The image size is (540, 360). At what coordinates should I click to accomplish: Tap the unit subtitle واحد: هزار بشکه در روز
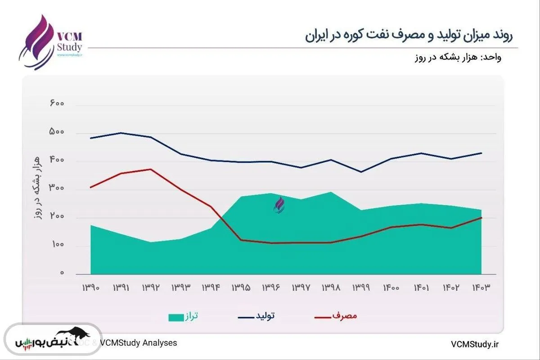[x=457, y=58]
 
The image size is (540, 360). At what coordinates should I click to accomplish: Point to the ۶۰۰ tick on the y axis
[x=57, y=104]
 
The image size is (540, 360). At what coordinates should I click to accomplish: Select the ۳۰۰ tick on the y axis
[x=57, y=189]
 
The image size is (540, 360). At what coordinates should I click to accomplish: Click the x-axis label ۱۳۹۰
[x=90, y=287]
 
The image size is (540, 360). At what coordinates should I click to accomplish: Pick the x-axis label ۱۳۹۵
[x=241, y=287]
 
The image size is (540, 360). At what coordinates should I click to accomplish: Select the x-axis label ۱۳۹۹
[x=361, y=287]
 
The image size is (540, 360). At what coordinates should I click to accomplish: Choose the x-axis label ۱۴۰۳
[x=481, y=287]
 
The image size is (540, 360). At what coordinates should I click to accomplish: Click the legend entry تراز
[x=183, y=317]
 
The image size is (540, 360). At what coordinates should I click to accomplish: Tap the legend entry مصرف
[x=336, y=317]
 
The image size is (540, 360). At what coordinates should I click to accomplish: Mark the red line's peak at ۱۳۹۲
[x=150, y=169]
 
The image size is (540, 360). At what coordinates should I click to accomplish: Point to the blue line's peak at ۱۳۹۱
[x=121, y=133]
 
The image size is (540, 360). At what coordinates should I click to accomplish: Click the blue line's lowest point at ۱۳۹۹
[x=361, y=172]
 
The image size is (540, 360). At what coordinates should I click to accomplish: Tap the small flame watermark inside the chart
[x=279, y=205]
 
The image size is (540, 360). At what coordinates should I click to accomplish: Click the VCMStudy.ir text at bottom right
[x=475, y=344]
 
